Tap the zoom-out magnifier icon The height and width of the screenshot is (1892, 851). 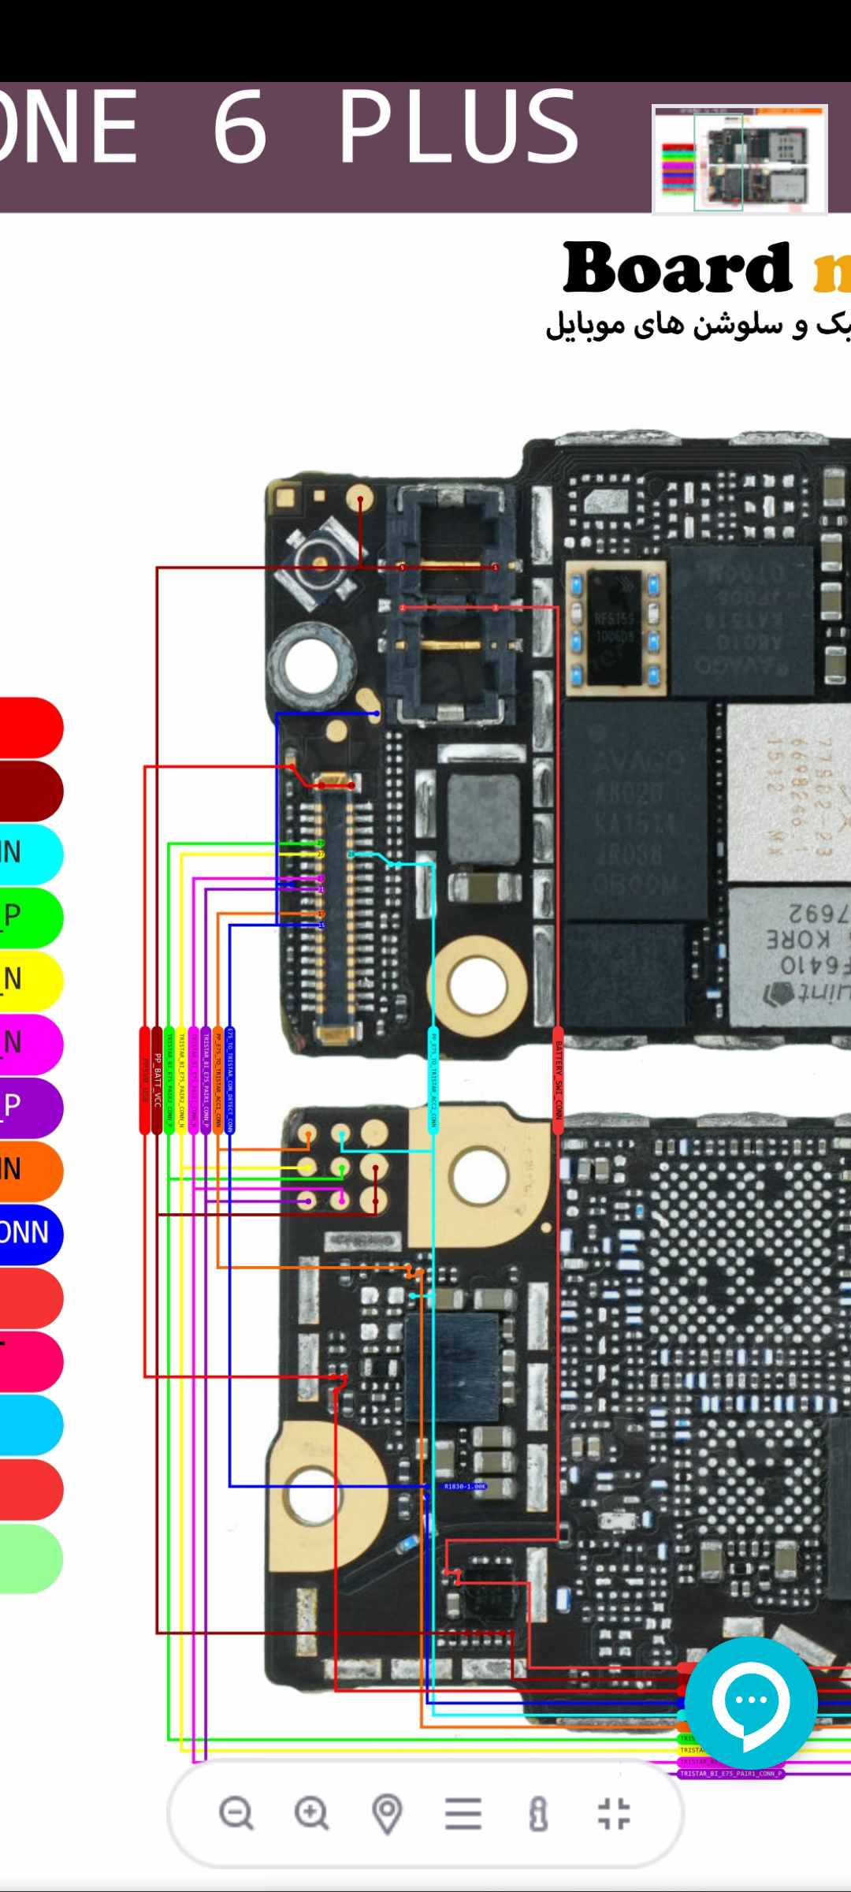(236, 1813)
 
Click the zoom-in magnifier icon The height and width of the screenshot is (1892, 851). (311, 1813)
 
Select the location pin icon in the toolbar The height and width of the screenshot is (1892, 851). (387, 1813)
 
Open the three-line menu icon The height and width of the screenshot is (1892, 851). (463, 1813)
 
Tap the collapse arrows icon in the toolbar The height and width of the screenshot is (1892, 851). (614, 1813)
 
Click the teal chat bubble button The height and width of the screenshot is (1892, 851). (750, 1703)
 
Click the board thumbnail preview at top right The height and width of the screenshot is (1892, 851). (739, 158)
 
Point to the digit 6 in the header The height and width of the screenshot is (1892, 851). (240, 126)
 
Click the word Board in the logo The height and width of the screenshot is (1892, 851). (676, 268)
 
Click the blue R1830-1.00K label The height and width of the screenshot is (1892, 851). (465, 1487)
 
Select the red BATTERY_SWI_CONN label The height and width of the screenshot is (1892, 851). (558, 1080)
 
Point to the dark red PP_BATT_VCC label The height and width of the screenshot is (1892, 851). (157, 1080)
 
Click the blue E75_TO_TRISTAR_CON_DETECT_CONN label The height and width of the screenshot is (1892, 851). (230, 1080)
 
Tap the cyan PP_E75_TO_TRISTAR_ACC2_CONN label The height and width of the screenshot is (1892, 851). (432, 1080)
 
